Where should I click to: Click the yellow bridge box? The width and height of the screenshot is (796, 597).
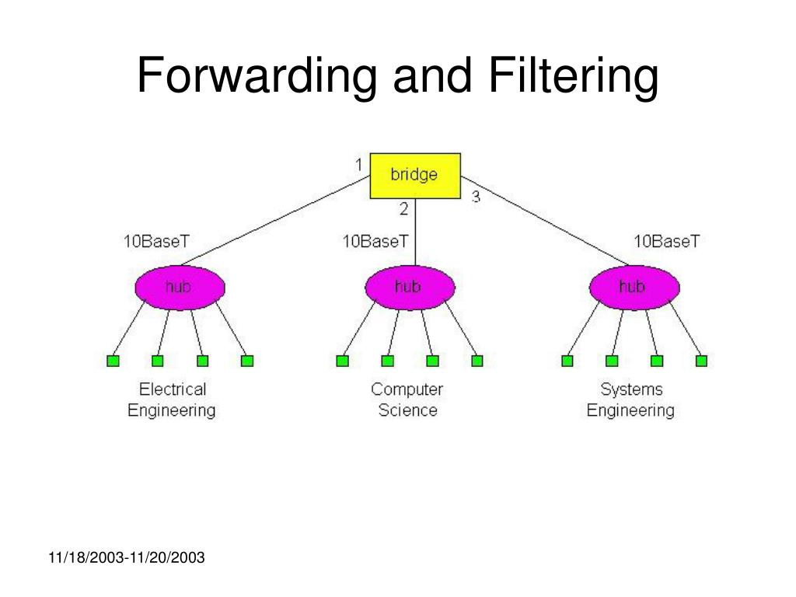[x=414, y=175]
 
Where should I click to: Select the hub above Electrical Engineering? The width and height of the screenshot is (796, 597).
[x=180, y=288]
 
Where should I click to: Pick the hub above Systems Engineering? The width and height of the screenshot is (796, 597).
[x=632, y=288]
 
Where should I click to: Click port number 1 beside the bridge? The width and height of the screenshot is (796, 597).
[x=358, y=164]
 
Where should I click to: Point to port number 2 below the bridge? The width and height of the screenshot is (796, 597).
[x=403, y=208]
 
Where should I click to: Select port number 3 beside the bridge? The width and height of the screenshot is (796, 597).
[x=476, y=197]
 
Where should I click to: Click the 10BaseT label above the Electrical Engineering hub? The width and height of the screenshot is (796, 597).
[x=155, y=241]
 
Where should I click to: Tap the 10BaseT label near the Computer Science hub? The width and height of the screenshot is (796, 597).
[x=375, y=241]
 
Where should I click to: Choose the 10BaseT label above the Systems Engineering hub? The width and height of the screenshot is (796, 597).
[x=666, y=241]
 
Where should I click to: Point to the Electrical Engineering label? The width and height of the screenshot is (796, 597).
[x=172, y=399]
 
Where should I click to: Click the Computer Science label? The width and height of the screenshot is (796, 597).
[x=407, y=399]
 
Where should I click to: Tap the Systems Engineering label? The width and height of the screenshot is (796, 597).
[x=630, y=399]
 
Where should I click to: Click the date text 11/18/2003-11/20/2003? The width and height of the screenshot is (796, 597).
[x=126, y=557]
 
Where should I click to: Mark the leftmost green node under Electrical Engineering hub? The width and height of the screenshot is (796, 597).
[x=112, y=361]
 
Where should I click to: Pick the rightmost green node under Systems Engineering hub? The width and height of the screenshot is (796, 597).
[x=701, y=361]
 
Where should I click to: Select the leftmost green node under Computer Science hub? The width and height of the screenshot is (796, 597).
[x=342, y=361]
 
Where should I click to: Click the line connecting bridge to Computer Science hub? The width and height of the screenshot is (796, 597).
[x=414, y=233]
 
